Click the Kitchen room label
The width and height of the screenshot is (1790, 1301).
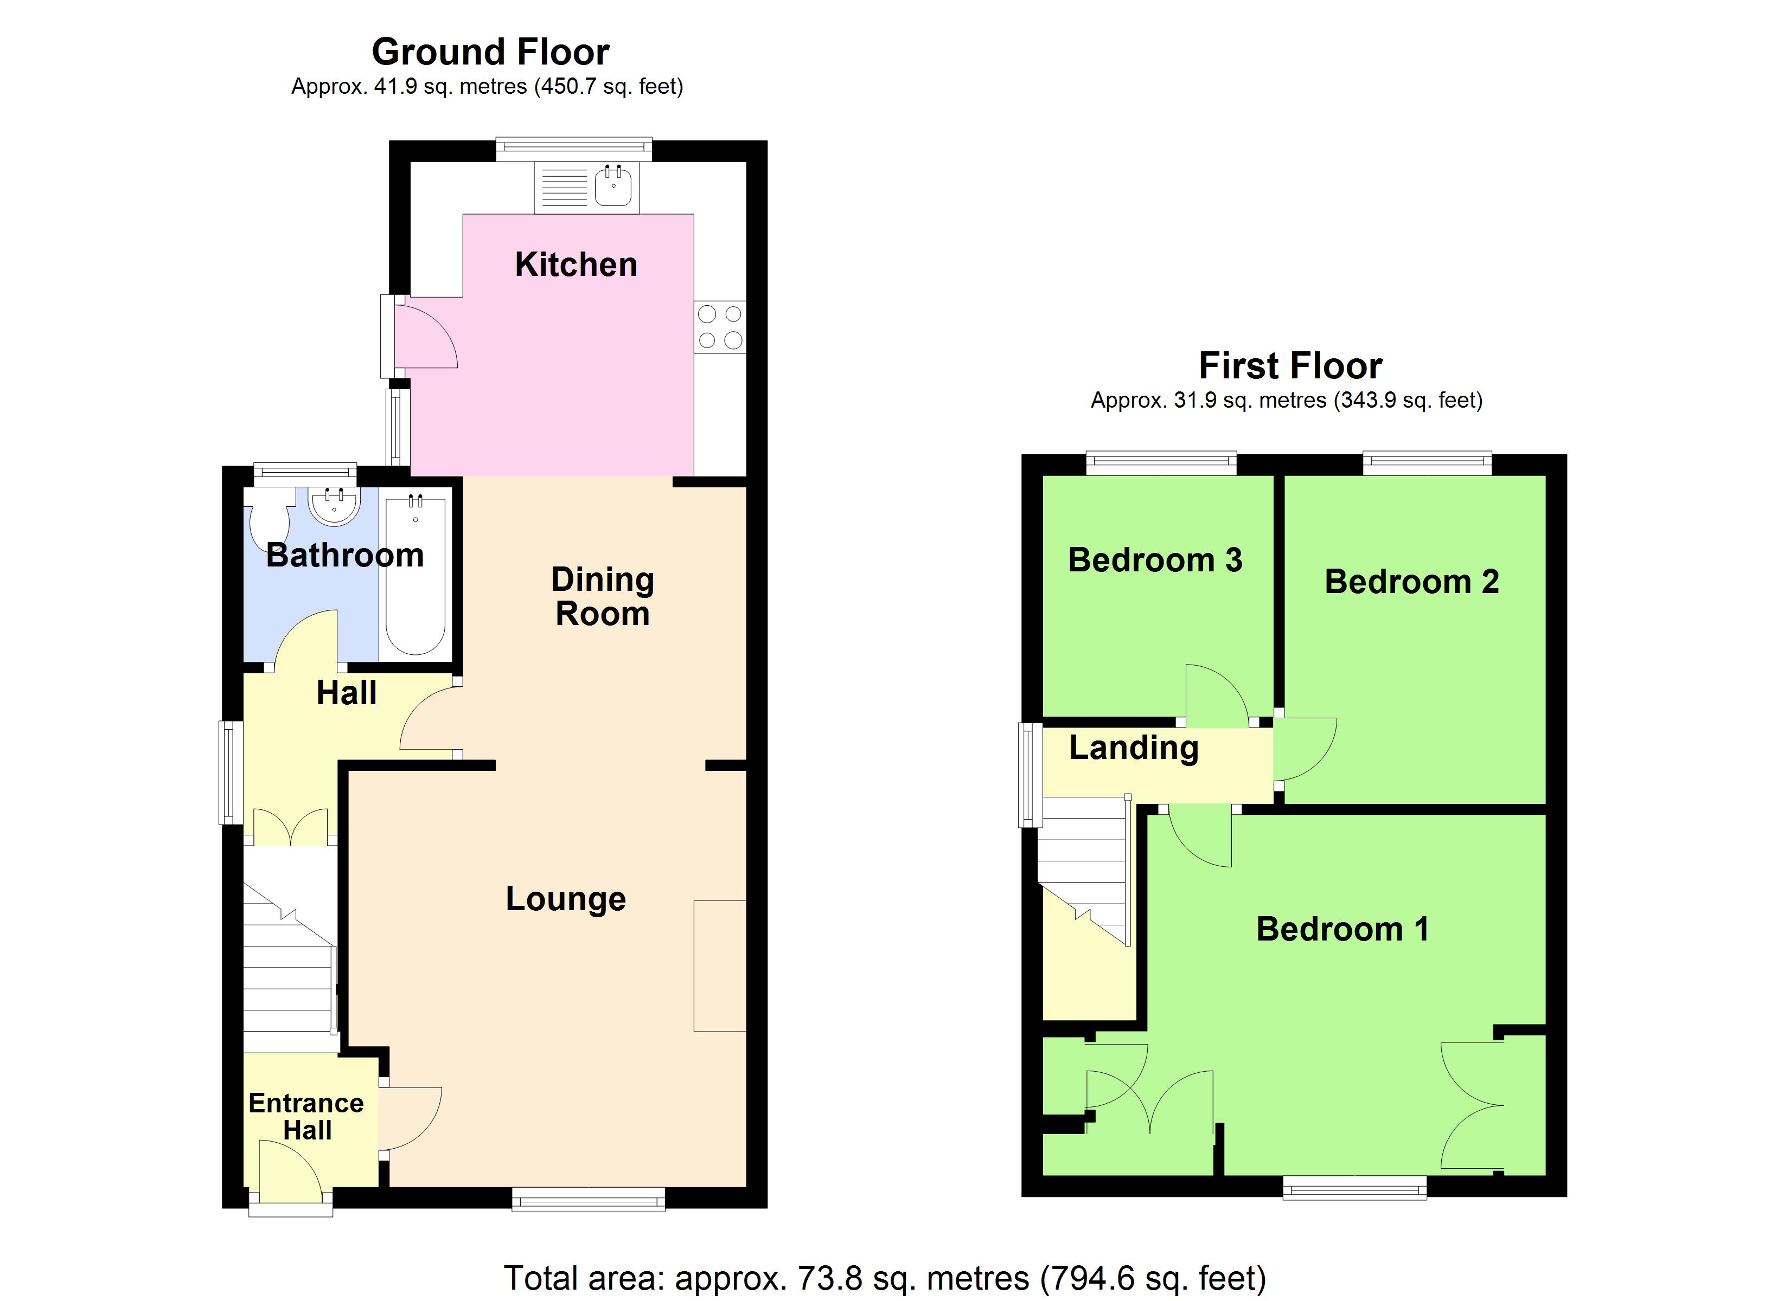pyautogui.click(x=576, y=265)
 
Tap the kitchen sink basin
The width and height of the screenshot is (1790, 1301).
pyautogui.click(x=613, y=186)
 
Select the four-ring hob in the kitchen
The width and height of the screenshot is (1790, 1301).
pyautogui.click(x=720, y=327)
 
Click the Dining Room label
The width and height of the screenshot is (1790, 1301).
pyautogui.click(x=602, y=596)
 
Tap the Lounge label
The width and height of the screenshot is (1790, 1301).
pyautogui.click(x=566, y=899)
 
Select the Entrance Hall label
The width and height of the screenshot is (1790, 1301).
pyautogui.click(x=306, y=1116)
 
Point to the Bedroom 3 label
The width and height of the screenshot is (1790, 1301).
pyautogui.click(x=1155, y=560)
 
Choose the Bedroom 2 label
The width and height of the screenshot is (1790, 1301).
pyautogui.click(x=1411, y=582)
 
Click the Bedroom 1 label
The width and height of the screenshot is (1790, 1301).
pyautogui.click(x=1342, y=929)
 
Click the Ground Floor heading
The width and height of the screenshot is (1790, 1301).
pyautogui.click(x=490, y=52)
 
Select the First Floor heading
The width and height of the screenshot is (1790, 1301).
pyautogui.click(x=1290, y=366)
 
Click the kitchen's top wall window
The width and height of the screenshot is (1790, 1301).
pyautogui.click(x=574, y=149)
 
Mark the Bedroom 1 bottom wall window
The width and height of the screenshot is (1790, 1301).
pyautogui.click(x=1354, y=1187)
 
